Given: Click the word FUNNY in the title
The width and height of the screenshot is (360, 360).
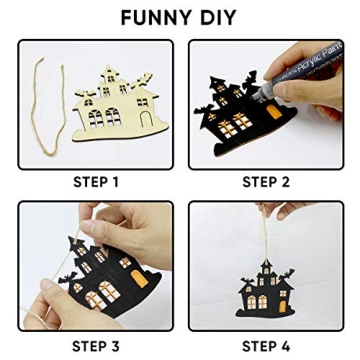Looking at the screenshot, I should pyautogui.click(x=152, y=17).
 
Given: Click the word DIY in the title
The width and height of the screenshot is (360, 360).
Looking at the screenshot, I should pyautogui.click(x=216, y=17).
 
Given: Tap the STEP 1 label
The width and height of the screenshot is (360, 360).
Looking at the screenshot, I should pyautogui.click(x=96, y=182).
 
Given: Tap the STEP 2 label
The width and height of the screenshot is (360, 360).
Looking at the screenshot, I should pyautogui.click(x=266, y=182).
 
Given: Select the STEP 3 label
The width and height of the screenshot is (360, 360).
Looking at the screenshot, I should pyautogui.click(x=96, y=346).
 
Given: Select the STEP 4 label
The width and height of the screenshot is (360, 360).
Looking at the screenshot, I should pyautogui.click(x=266, y=346).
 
